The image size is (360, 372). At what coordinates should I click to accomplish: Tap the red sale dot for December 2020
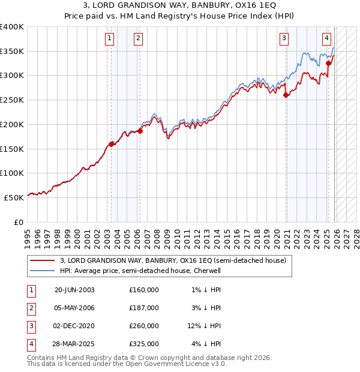[286, 95]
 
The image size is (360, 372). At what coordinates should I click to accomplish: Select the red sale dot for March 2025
[328, 63]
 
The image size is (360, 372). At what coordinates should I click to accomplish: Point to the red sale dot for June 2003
[112, 144]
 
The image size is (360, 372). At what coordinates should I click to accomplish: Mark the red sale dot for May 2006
[140, 131]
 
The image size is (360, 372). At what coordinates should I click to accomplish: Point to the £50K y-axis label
[14, 197]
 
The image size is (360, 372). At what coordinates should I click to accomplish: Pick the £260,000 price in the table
[144, 327]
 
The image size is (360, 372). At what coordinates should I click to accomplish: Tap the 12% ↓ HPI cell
[203, 327]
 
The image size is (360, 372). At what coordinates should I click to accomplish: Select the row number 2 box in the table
[31, 308]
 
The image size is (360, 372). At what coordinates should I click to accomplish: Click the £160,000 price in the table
[144, 290]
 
